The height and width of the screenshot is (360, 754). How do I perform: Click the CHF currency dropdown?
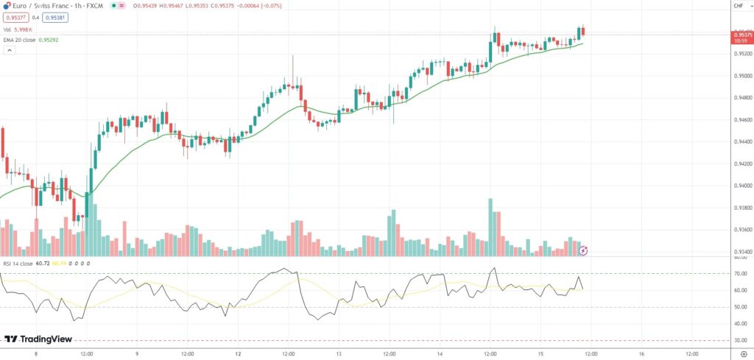click(739, 6)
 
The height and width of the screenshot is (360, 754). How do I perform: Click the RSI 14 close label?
click(17, 262)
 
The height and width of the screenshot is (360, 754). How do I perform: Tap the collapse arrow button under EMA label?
click(10, 50)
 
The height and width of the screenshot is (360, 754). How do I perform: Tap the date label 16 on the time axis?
click(641, 353)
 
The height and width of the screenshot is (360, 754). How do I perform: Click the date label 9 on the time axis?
click(137, 353)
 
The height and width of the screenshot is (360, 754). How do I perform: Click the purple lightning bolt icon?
click(583, 250)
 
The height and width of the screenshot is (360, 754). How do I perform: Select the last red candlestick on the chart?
click(583, 32)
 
